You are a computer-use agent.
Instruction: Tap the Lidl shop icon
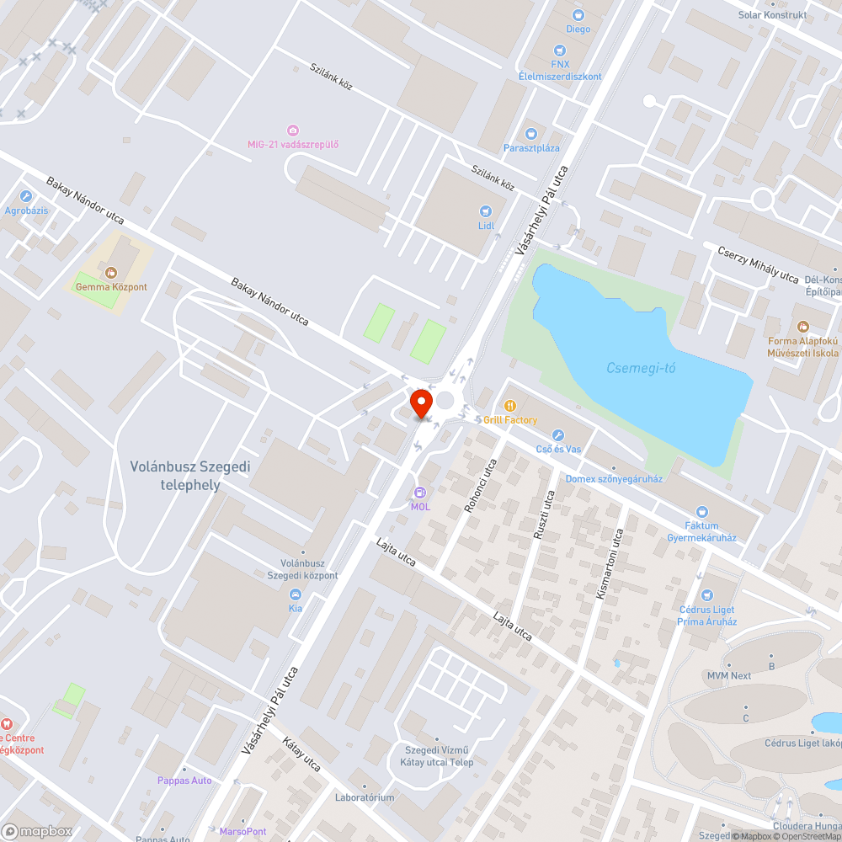[x=485, y=211]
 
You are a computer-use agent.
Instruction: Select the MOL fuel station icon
[x=420, y=493]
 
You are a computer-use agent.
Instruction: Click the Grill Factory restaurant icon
[x=509, y=406]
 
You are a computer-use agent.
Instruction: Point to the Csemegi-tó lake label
[x=641, y=368]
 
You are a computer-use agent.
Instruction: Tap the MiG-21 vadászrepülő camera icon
[x=293, y=130]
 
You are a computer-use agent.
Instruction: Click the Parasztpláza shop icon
[x=530, y=134]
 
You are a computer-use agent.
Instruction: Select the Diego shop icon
[x=578, y=14]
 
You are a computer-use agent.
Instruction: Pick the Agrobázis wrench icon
[x=26, y=196]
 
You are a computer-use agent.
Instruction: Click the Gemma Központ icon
[x=111, y=272]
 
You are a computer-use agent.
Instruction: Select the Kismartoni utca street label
[x=610, y=563]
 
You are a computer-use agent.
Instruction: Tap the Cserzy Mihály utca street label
[x=757, y=264]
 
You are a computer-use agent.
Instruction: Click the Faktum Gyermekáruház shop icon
[x=702, y=511]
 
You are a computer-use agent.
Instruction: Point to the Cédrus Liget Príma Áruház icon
[x=706, y=595]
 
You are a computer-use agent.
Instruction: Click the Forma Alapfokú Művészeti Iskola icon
[x=802, y=326]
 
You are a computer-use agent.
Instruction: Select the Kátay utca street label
[x=302, y=755]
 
